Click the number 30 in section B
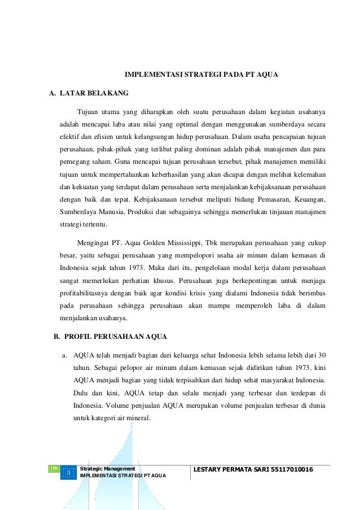322,355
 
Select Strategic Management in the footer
108,469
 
